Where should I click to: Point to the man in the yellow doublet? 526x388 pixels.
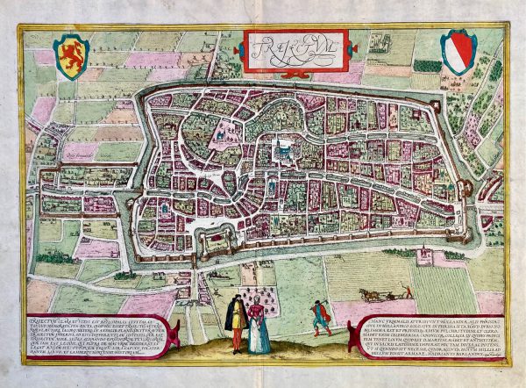(x=235, y=320)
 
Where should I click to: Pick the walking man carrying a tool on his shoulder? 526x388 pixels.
(x=321, y=316)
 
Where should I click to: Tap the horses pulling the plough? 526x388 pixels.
(x=372, y=294)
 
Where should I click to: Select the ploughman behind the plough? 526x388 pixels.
(x=404, y=291)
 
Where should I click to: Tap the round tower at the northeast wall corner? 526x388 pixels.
(x=458, y=99)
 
